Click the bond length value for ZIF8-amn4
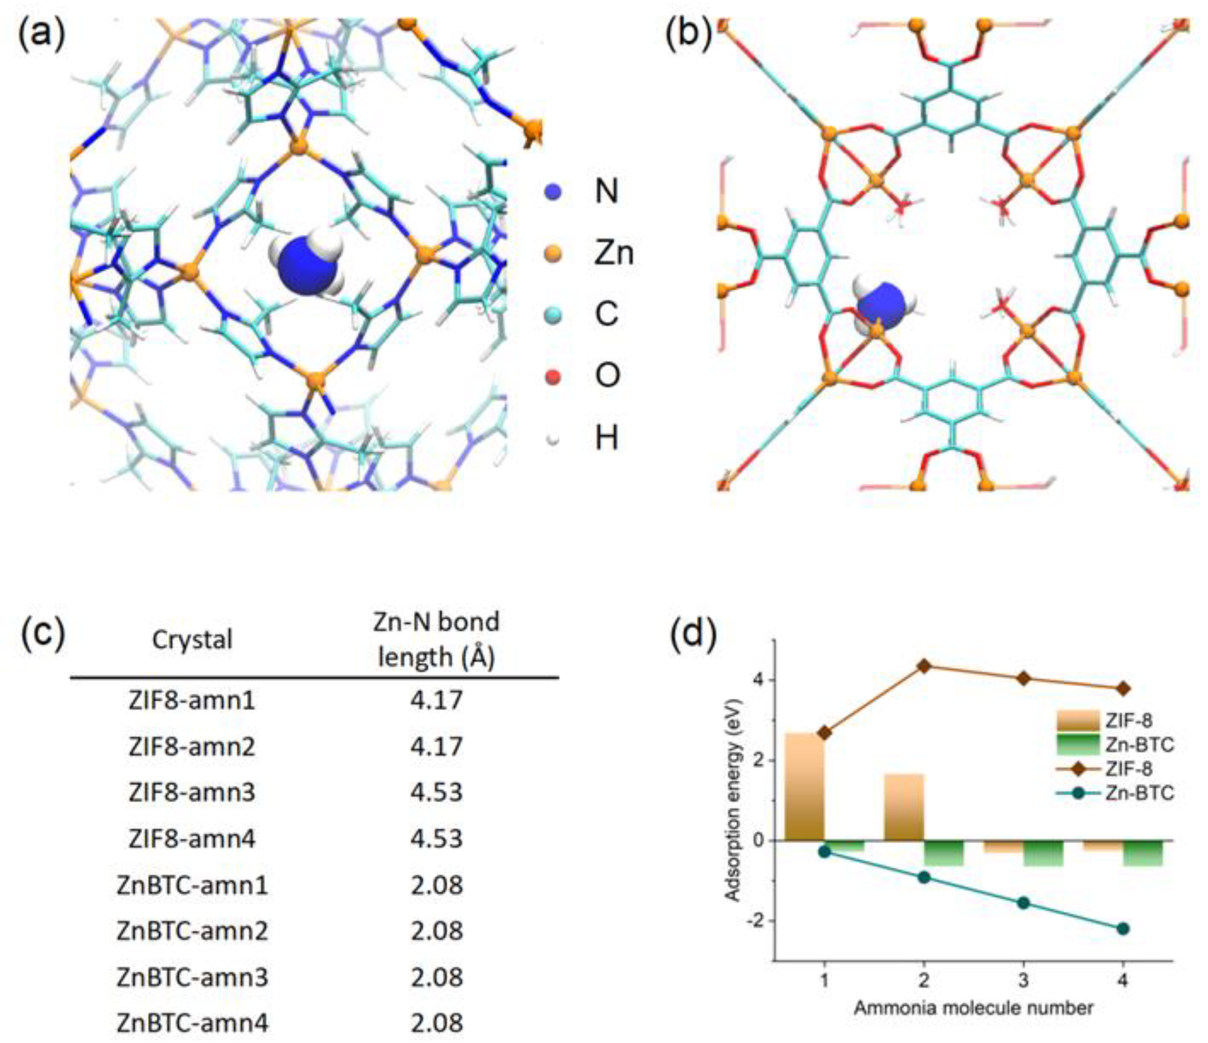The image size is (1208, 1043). click(x=436, y=839)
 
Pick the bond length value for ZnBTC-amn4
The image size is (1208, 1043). click(x=436, y=1023)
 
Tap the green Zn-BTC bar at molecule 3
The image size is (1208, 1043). click(x=1044, y=853)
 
